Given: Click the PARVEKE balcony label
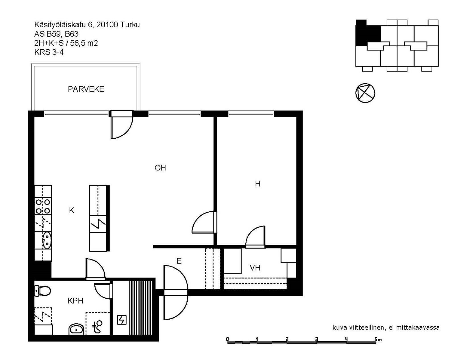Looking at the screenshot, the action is click(86, 89).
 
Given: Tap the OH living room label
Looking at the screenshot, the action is click(160, 168).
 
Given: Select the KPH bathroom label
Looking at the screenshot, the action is click(75, 301).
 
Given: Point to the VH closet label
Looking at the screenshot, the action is click(255, 268).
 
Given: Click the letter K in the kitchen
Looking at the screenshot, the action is click(72, 210).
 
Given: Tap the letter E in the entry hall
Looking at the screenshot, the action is click(179, 261).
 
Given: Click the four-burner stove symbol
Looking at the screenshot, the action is click(43, 206).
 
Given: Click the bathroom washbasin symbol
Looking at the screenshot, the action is click(76, 329).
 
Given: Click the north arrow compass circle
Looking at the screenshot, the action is click(365, 93).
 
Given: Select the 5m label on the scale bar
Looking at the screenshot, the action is click(378, 339).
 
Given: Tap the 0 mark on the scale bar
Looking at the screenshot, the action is click(227, 339).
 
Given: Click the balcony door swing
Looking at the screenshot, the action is click(122, 128).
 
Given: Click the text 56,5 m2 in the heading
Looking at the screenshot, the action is click(84, 43).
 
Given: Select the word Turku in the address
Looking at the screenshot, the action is click(130, 25).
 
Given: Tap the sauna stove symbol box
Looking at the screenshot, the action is click(122, 320).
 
